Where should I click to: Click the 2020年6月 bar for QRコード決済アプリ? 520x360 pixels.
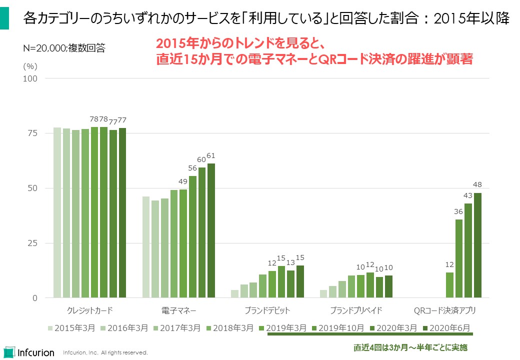[x=477, y=245]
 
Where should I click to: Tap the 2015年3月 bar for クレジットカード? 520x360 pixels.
[x=57, y=212]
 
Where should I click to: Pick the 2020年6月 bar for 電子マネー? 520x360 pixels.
[x=211, y=230]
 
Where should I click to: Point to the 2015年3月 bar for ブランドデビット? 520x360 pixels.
[x=234, y=294]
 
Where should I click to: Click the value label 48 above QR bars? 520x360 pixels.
[x=477, y=185]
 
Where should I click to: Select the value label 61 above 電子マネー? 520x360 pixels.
[x=211, y=156]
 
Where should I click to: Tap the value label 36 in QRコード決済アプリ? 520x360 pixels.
[x=458, y=211]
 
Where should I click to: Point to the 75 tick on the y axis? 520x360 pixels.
[x=33, y=133]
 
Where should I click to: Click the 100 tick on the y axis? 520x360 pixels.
[x=31, y=78]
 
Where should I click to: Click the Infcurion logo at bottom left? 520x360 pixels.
[x=28, y=351]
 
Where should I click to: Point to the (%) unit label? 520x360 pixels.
[x=30, y=65]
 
